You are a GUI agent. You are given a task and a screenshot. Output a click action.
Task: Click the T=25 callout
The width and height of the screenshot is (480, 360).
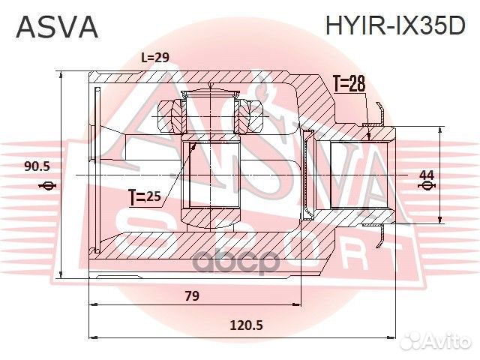click(x=145, y=197)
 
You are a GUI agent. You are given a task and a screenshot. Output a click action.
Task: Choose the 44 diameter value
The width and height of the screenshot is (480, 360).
click(x=427, y=175)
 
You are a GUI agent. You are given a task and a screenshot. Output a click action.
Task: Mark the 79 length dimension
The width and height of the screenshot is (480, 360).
click(x=191, y=296)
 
